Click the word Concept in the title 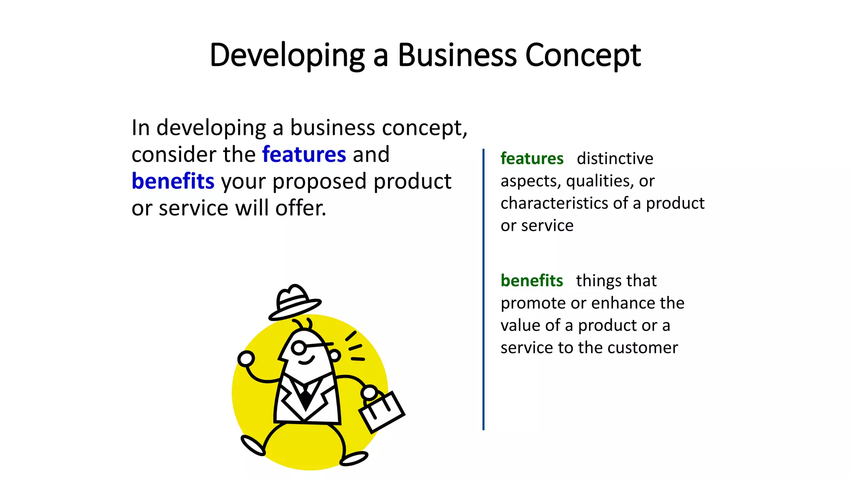pyautogui.click(x=583, y=55)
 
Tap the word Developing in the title pyautogui.click(x=287, y=55)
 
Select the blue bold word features pyautogui.click(x=304, y=154)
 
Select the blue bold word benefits pyautogui.click(x=173, y=181)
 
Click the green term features pyautogui.click(x=532, y=159)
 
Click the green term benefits pyautogui.click(x=532, y=280)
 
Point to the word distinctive pyautogui.click(x=615, y=159)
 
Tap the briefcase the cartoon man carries pyautogui.click(x=381, y=410)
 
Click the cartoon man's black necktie pyautogui.click(x=306, y=398)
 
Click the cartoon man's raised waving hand pyautogui.click(x=246, y=358)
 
